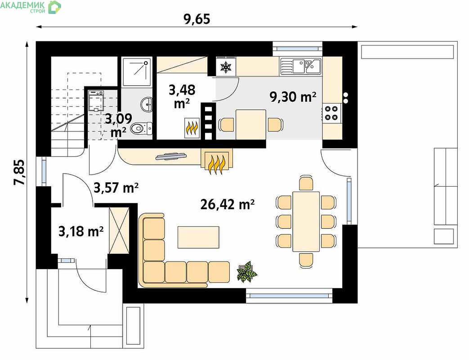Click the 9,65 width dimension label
[197, 18]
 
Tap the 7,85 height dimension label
[20, 172]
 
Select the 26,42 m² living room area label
[228, 204]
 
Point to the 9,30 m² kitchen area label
[293, 97]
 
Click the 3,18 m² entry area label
[81, 231]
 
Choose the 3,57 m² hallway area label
[116, 188]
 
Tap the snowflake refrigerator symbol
[226, 67]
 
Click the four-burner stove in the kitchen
[331, 113]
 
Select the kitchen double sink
[300, 66]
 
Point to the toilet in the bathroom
[142, 129]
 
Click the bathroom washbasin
[147, 104]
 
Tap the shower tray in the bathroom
[137, 72]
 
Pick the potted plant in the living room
[247, 271]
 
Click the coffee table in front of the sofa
[198, 237]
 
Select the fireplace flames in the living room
[217, 164]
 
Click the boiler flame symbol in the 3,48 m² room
[192, 128]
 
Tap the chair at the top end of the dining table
[306, 183]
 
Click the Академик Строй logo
[31, 7]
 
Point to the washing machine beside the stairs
[96, 100]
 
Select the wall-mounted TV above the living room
[171, 157]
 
